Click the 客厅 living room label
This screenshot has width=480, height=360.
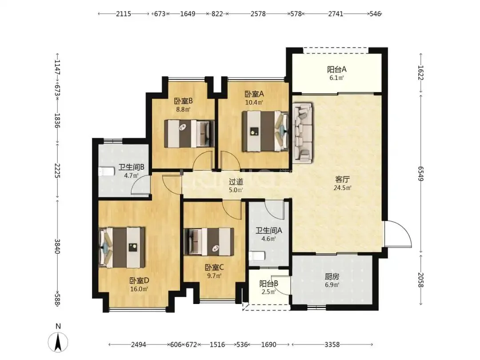tap(342, 179)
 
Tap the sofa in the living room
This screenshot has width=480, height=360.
tap(303, 132)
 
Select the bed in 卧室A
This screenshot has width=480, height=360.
tap(265, 131)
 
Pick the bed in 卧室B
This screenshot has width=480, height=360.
tap(189, 134)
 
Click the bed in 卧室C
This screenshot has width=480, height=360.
tap(209, 241)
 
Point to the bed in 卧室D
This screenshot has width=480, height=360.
tap(122, 248)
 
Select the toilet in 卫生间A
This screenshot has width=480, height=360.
tap(256, 256)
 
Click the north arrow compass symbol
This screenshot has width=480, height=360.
tap(58, 342)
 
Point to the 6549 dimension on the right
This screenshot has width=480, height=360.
tap(421, 174)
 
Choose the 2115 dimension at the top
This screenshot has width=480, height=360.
tap(124, 14)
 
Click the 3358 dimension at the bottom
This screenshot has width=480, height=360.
tap(332, 345)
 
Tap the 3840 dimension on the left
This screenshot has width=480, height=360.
tap(57, 246)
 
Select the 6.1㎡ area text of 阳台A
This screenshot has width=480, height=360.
tap(336, 78)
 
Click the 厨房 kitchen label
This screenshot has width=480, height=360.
tap(332, 277)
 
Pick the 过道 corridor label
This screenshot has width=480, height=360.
tap(236, 182)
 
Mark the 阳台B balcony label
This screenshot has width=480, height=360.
tap(269, 284)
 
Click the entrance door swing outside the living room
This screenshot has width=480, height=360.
tap(398, 233)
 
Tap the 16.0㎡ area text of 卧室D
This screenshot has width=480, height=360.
tap(139, 289)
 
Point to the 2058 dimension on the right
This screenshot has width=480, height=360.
tap(421, 280)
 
